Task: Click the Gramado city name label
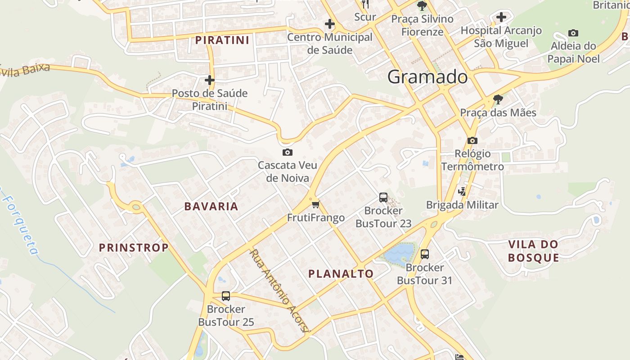pos(427,77)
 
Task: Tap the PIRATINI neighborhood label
pos(222,40)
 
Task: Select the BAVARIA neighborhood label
pos(211,207)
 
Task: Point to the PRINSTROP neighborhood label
pos(134,247)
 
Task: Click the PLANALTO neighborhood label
pos(341,274)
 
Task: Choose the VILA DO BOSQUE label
pos(533,251)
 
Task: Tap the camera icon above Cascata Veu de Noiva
pos(287,153)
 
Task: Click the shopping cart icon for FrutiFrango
pos(315,205)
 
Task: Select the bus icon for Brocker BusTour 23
pos(383,197)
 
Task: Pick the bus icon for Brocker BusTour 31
pos(424,254)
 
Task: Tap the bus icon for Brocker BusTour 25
pos(226,296)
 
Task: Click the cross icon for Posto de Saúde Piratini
pos(209,80)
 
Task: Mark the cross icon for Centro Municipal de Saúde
pos(330,24)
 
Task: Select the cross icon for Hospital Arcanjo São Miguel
pos(501,18)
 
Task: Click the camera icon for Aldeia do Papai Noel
pos(573,33)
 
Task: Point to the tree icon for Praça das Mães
pos(498,99)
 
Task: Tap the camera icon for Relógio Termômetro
pos(472,140)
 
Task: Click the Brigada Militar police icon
pos(462,192)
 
